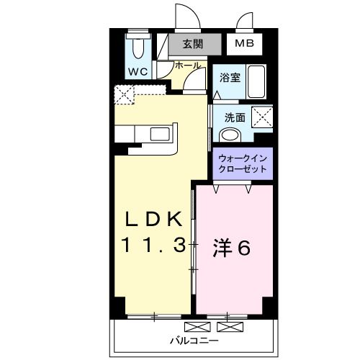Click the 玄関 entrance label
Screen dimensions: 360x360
pos(192,43)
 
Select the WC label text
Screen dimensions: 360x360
pos(138,71)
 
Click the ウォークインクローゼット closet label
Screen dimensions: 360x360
pos(243,163)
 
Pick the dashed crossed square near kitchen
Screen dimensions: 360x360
pos(123,94)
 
